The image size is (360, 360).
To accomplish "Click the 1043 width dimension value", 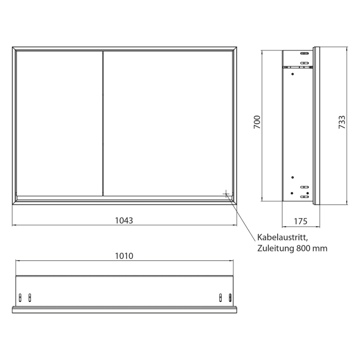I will point(124,221).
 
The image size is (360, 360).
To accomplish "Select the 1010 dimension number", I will point(124,256).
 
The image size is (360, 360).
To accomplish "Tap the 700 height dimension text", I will point(258,122).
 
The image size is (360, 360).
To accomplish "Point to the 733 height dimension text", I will point(342,122).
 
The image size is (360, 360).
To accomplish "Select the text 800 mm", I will point(312,248).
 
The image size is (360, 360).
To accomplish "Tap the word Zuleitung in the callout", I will point(275,248).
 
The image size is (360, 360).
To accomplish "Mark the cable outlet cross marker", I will point(226,193).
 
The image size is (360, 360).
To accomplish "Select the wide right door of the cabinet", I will point(167,123).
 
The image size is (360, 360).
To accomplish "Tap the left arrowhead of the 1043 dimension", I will point(14,225).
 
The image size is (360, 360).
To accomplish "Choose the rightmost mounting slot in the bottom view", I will point(229,297).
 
